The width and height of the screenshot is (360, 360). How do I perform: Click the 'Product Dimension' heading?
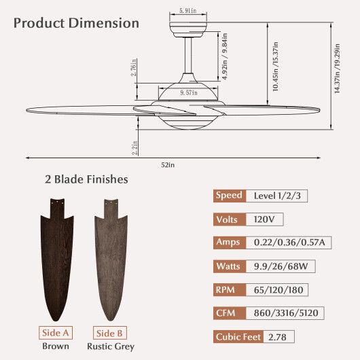(x=76, y=22)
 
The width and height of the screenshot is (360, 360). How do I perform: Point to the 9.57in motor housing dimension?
(x=188, y=92)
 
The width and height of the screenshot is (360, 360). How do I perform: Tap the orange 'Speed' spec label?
(x=229, y=196)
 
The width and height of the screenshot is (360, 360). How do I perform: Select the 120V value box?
(x=264, y=219)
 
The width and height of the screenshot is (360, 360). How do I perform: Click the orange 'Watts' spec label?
(x=229, y=266)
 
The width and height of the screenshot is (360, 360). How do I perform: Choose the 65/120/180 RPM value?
(x=276, y=289)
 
